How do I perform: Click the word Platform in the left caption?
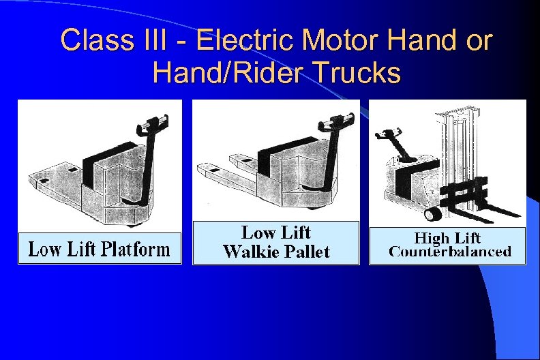(x=136, y=250)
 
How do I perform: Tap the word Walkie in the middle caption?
(x=247, y=252)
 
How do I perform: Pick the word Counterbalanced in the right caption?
(x=450, y=252)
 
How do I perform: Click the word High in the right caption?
(x=432, y=237)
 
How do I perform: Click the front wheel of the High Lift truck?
(x=432, y=215)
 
